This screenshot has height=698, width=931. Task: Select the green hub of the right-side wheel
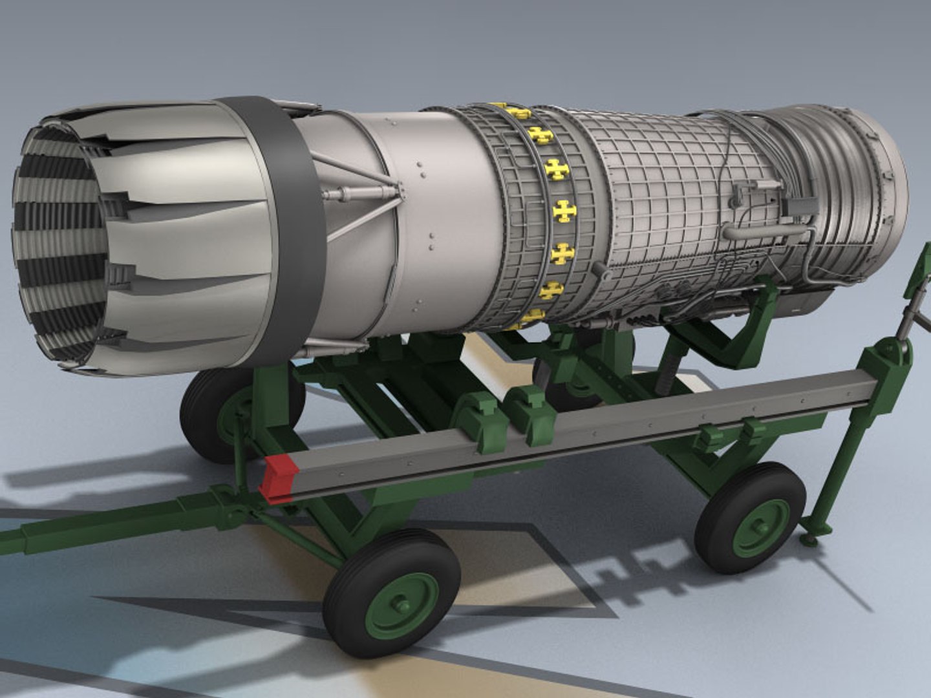pyautogui.click(x=760, y=527)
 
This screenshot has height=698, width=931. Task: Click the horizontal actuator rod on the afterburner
pyautogui.click(x=359, y=192)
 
